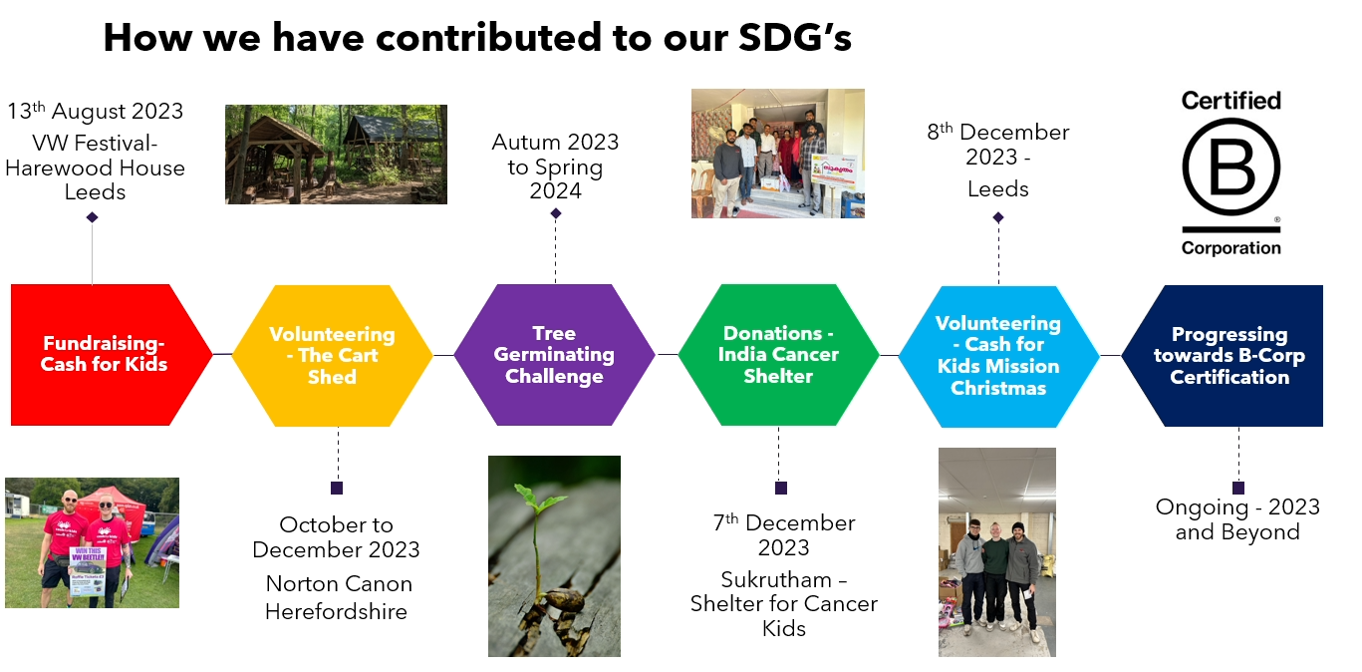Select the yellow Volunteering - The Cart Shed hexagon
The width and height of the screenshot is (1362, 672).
(332, 356)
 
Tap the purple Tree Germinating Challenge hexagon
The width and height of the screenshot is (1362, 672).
(555, 355)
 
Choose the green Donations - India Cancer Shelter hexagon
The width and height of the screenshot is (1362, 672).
(779, 355)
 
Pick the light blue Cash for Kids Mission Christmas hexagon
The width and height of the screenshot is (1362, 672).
(999, 357)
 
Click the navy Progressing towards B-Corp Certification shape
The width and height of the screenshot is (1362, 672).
(1223, 356)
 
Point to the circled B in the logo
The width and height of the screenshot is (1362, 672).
(1231, 167)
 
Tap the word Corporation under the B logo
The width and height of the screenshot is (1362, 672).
(1231, 247)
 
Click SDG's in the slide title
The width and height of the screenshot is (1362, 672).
(795, 37)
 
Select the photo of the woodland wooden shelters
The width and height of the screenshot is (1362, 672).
(336, 154)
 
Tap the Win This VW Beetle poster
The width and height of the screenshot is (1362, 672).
(88, 571)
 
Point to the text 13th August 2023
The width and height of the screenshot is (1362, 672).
(95, 111)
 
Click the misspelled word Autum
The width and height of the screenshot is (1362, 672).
(526, 142)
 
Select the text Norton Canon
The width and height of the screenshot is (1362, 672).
(339, 583)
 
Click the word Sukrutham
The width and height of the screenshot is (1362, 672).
(776, 579)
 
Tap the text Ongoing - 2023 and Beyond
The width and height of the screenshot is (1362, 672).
(1237, 519)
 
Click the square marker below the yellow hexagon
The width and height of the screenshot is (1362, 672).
(337, 489)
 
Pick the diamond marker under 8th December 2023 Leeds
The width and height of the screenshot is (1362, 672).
(998, 217)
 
